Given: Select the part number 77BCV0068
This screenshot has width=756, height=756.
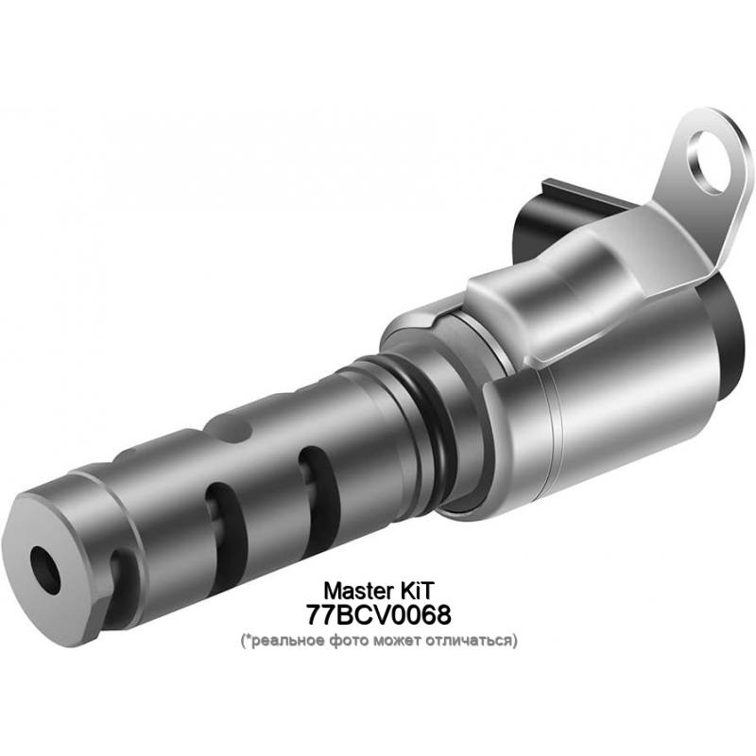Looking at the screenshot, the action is tap(379, 614).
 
